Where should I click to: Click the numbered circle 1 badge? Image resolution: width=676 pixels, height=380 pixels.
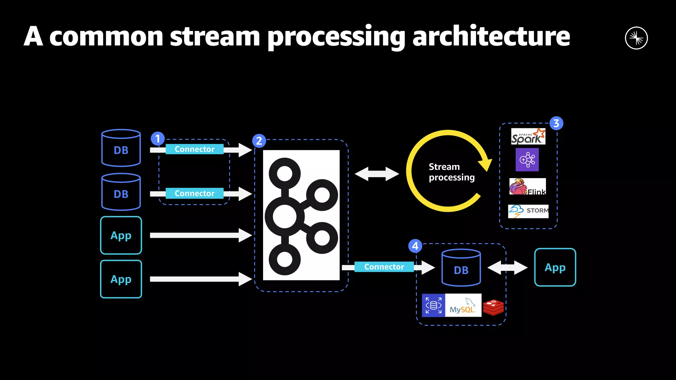click(158, 139)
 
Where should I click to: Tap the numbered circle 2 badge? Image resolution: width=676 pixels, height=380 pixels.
click(259, 141)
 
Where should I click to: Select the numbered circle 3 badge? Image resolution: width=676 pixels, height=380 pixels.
click(556, 123)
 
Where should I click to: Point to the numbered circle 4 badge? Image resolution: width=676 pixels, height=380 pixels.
click(415, 246)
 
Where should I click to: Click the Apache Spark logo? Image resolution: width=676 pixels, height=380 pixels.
click(528, 137)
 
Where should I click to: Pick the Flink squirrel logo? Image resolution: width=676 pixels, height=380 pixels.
click(527, 187)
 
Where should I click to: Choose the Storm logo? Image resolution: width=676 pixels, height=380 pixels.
click(528, 211)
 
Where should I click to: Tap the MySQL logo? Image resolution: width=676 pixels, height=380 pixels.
click(463, 305)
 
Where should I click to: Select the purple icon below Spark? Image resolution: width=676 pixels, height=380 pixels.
click(527, 160)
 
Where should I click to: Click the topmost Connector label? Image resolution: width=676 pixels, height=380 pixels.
click(194, 149)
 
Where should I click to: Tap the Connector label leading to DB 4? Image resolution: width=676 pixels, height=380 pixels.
click(384, 267)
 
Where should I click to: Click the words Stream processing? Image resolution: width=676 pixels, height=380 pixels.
click(451, 172)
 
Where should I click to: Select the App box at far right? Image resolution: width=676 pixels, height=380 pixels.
click(555, 267)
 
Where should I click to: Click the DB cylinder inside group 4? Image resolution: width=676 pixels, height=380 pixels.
click(461, 268)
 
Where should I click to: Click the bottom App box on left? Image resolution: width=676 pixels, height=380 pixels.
click(121, 279)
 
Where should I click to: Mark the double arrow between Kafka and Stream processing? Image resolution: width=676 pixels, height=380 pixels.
click(377, 174)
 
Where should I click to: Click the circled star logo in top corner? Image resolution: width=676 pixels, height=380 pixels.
click(636, 38)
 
